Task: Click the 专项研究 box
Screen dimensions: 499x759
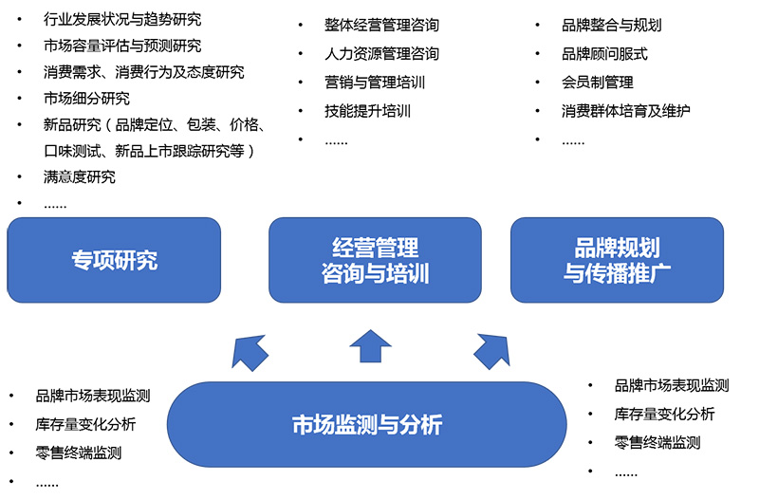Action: tap(114, 260)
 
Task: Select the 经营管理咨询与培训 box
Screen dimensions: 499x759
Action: tap(375, 260)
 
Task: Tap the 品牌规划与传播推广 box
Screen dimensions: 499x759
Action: tap(617, 260)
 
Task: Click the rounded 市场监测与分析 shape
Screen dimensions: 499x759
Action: tap(366, 424)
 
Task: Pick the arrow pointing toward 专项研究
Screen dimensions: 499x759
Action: tap(250, 352)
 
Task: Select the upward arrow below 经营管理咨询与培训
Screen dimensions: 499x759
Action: tap(370, 347)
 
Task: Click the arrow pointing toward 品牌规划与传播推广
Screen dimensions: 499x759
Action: tap(491, 351)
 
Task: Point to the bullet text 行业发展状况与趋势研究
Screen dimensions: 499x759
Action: tap(122, 19)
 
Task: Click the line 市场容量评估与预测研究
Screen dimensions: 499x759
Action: tap(122, 46)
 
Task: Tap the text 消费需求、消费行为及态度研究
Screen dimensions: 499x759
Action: tap(143, 72)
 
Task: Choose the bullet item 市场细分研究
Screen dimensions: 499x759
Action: tap(86, 98)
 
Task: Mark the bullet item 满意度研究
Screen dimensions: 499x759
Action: tap(80, 176)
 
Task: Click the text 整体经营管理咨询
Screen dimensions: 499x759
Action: tap(381, 25)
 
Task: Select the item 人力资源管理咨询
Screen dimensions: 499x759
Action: tap(381, 53)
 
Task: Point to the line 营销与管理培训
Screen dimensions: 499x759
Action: tap(375, 82)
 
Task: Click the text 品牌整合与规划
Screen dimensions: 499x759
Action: tap(612, 25)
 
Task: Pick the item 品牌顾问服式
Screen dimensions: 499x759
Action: tap(605, 53)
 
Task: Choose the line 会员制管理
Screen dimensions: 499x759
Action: tap(598, 82)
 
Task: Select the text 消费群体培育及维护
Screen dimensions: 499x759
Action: tap(626, 110)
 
